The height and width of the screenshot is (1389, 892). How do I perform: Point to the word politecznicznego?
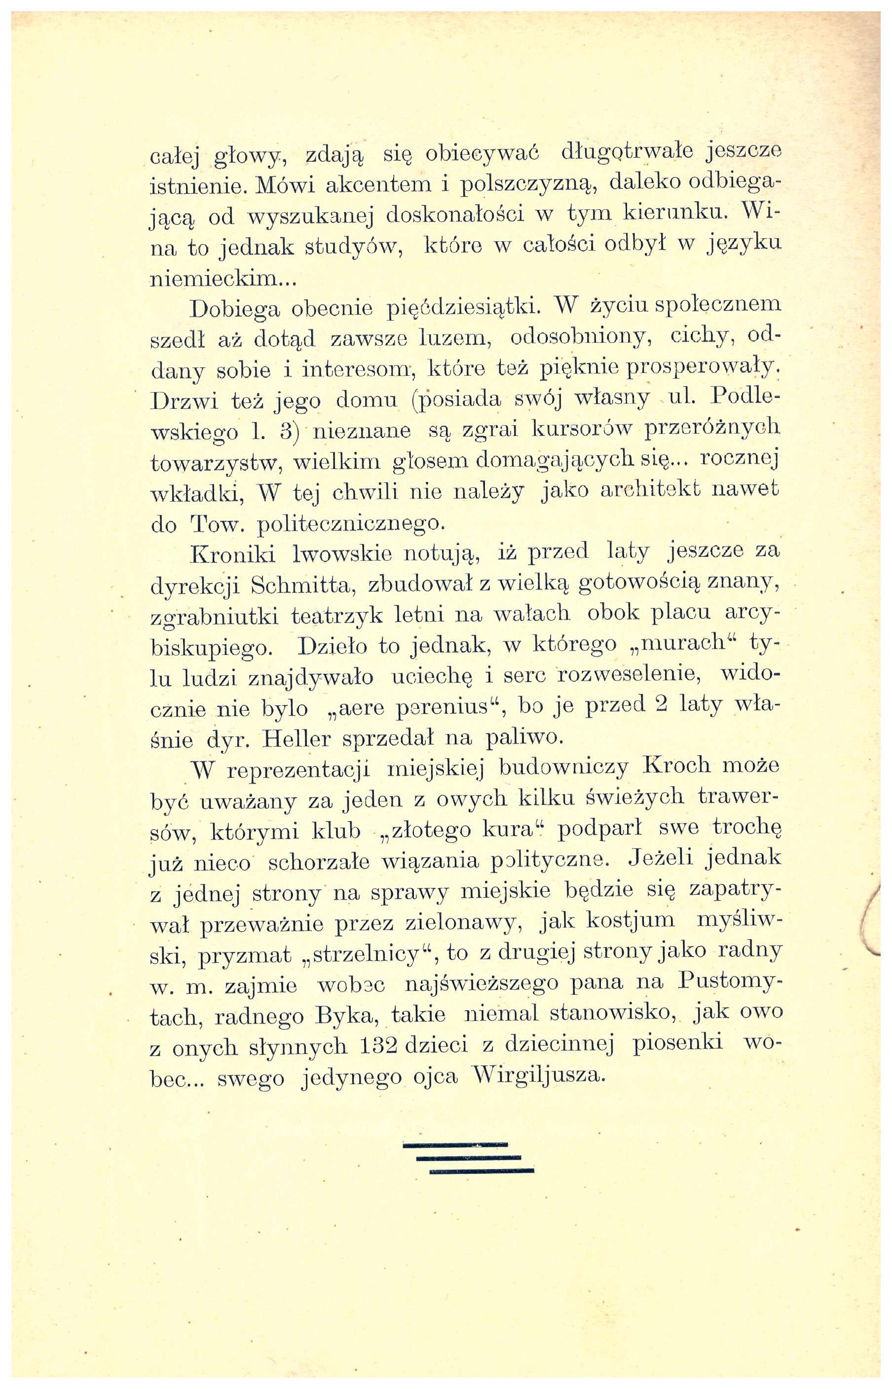[351, 523]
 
